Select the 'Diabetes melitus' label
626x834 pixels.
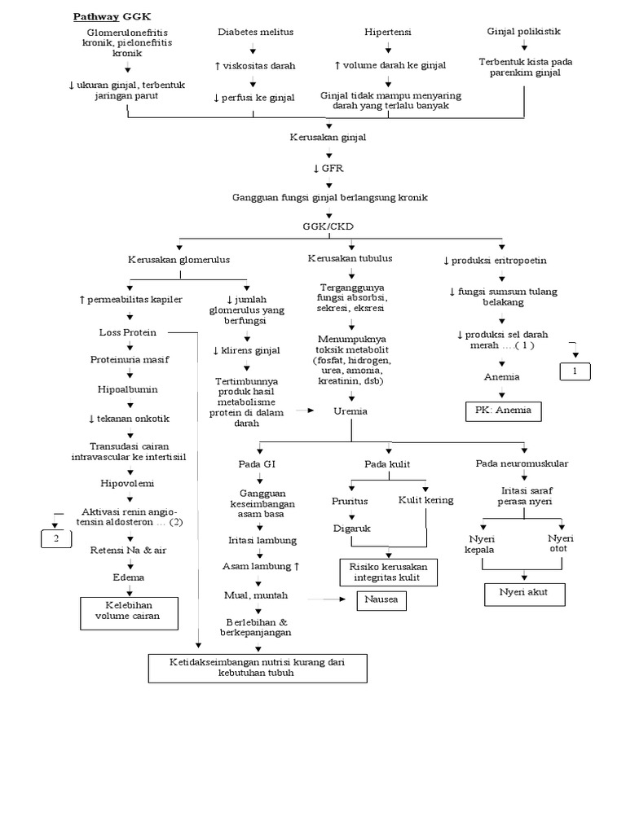click(x=255, y=32)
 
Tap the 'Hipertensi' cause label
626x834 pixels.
click(x=387, y=32)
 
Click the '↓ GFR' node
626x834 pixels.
click(x=328, y=168)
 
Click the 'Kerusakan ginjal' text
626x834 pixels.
click(x=328, y=138)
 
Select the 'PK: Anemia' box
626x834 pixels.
click(x=502, y=410)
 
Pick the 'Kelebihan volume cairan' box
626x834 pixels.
click(x=131, y=611)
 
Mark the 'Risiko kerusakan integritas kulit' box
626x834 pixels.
click(x=388, y=572)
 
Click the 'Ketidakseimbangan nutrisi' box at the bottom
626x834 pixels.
click(x=258, y=668)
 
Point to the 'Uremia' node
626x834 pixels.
click(x=350, y=411)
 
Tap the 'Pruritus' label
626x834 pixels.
click(x=350, y=500)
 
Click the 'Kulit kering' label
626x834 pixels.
click(x=425, y=500)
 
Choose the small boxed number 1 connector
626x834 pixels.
click(x=575, y=372)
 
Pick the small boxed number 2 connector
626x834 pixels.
click(x=56, y=539)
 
